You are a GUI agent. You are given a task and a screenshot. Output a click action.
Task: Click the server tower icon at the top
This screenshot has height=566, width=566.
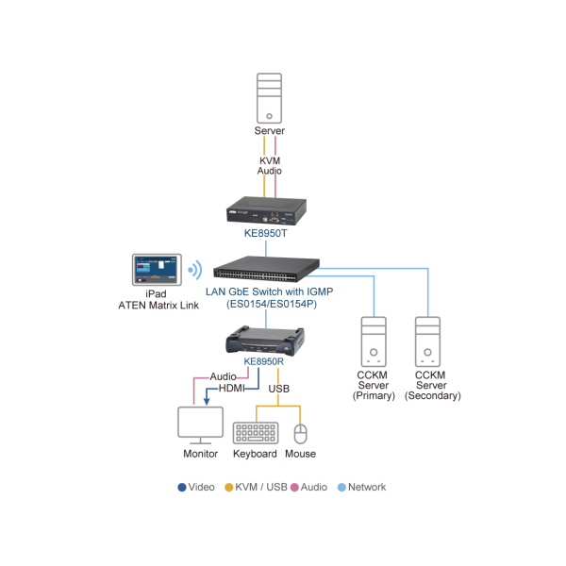click(270, 97)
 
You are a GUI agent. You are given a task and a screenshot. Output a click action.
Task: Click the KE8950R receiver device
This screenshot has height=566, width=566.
click(266, 340)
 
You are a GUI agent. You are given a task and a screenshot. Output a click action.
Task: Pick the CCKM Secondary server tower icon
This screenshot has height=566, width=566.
click(429, 341)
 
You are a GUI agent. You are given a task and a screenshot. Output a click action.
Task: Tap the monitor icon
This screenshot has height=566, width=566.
click(200, 425)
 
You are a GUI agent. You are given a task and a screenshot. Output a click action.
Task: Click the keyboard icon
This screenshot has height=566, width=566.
click(255, 432)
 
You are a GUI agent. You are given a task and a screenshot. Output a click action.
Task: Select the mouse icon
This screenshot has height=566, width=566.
click(300, 434)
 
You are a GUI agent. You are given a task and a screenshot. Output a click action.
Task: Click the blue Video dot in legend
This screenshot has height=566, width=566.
click(182, 488)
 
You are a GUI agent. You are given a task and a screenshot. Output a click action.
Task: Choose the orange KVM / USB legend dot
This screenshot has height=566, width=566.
click(228, 488)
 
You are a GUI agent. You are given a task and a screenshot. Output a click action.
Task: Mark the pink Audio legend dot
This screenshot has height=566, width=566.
click(295, 488)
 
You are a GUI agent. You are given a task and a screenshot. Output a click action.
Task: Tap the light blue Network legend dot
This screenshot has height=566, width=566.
click(341, 488)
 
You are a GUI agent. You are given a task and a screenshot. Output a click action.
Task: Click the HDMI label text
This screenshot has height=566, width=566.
click(231, 389)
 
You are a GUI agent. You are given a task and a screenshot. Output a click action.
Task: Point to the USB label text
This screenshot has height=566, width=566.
click(279, 389)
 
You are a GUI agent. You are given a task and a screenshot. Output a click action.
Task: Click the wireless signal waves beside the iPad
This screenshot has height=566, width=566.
click(194, 270)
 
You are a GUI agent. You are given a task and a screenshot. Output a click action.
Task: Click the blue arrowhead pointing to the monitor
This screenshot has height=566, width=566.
click(207, 400)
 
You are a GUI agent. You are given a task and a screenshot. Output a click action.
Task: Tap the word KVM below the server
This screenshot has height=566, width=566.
click(270, 161)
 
